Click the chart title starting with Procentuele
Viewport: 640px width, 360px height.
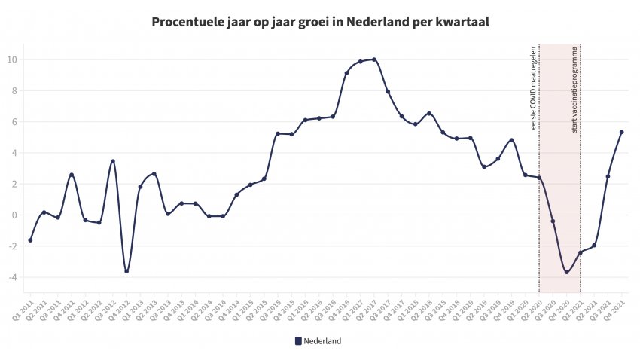[321, 21]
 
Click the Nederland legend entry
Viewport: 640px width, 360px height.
[318, 341]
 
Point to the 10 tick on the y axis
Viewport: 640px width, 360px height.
[14, 59]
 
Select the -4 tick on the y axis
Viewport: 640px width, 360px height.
[14, 277]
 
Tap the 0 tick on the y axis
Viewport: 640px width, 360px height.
[14, 215]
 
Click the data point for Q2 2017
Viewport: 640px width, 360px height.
[374, 59]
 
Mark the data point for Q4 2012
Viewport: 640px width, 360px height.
[126, 271]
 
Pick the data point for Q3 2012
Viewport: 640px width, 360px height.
[113, 161]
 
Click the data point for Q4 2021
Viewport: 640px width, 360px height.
[621, 132]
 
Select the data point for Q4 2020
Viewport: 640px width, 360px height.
[566, 272]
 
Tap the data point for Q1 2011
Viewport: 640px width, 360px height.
[30, 240]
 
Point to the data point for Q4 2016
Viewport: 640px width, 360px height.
[346, 73]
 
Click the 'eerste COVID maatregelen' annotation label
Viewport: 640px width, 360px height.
[534, 89]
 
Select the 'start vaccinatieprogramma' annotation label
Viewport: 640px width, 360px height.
[574, 89]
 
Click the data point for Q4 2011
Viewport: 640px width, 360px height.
[72, 175]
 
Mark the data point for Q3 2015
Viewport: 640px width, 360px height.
[278, 133]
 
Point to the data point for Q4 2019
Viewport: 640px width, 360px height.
[511, 140]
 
